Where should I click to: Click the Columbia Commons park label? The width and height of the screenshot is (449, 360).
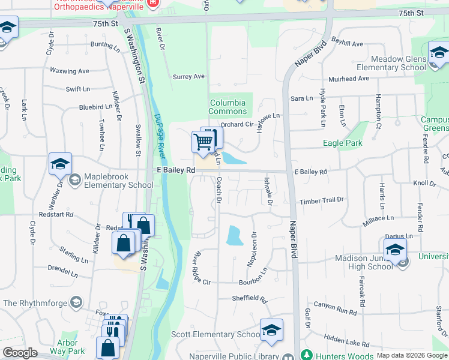pyautogui.click(x=228, y=107)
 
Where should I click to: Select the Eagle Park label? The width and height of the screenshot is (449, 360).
pyautogui.click(x=343, y=143)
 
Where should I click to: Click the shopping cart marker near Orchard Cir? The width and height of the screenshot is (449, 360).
pyautogui.click(x=203, y=143)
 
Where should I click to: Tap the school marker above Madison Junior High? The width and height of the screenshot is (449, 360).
pyautogui.click(x=396, y=250)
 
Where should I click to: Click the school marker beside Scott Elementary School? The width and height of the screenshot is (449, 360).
pyautogui.click(x=271, y=331)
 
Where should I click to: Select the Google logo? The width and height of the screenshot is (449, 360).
pyautogui.click(x=20, y=353)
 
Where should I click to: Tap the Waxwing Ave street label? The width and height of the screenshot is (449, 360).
pyautogui.click(x=69, y=71)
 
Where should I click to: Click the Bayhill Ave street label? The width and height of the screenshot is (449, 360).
pyautogui.click(x=347, y=44)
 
